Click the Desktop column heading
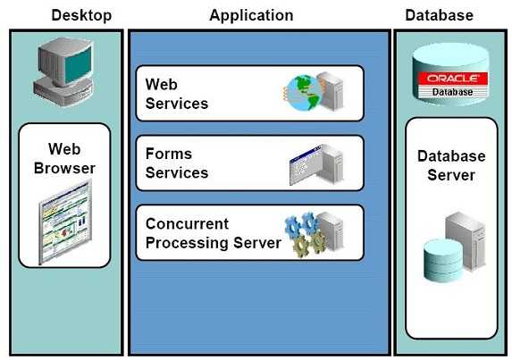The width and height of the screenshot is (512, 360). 81,16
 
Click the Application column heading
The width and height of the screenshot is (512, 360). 251,16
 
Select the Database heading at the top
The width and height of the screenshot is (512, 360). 440,15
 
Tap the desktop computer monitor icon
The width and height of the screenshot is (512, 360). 64,71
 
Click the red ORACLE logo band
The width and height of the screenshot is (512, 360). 453,79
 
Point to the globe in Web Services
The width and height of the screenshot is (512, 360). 303,93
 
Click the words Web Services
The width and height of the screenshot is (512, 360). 177,94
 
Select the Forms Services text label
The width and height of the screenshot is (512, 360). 177,163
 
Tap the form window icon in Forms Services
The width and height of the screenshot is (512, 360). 305,165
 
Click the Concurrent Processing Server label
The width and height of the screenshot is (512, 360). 214,233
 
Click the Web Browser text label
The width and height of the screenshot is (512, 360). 64,159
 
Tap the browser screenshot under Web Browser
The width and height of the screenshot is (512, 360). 65,223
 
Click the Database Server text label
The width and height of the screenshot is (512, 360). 451,165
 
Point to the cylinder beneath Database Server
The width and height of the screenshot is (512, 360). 443,260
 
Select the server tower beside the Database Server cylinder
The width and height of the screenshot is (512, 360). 466,241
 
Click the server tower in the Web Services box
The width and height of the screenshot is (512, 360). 331,91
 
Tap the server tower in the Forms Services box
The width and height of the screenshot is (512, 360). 331,163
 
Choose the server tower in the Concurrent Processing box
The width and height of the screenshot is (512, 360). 332,231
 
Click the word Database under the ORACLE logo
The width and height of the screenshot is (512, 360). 452,92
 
